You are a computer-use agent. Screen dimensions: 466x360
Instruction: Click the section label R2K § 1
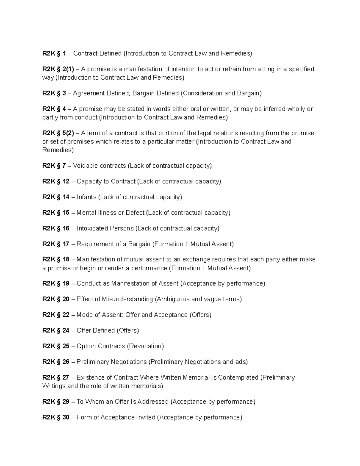pos(54,53)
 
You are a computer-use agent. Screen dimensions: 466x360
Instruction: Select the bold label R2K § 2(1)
pos(58,69)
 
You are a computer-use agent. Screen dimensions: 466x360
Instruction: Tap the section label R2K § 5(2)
pos(58,133)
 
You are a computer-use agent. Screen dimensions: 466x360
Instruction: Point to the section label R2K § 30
pos(56,417)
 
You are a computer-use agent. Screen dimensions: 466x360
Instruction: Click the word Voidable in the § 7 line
pos(85,166)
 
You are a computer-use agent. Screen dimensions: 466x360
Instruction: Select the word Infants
pos(86,197)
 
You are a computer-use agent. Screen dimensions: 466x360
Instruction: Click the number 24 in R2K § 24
pos(66,330)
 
